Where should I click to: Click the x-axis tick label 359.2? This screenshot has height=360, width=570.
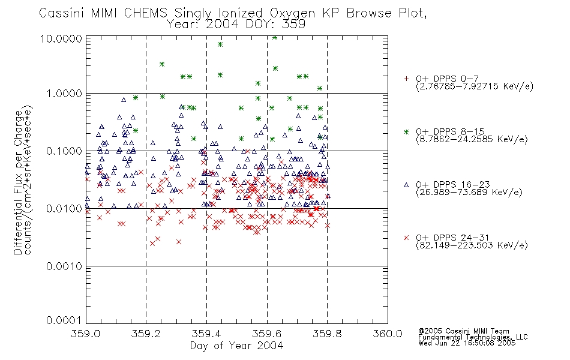(x=146, y=334)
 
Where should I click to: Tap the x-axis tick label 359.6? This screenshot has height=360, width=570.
(x=267, y=334)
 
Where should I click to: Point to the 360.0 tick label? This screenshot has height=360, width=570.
(x=388, y=334)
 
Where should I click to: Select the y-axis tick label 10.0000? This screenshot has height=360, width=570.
(x=61, y=38)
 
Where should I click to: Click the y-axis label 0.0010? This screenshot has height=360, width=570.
(x=64, y=266)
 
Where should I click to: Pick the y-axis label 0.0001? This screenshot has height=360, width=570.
(x=64, y=320)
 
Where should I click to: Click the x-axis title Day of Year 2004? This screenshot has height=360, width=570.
(x=236, y=346)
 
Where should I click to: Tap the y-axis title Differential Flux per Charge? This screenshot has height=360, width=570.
(x=18, y=182)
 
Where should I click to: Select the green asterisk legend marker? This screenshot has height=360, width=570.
(x=406, y=132)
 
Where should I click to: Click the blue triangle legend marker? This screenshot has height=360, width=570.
(x=406, y=185)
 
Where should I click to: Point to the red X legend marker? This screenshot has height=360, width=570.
(x=406, y=238)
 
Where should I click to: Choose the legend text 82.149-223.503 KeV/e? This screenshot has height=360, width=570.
(x=472, y=245)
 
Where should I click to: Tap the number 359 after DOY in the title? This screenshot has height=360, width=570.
(x=295, y=25)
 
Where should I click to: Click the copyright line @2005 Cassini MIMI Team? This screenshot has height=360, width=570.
(x=464, y=331)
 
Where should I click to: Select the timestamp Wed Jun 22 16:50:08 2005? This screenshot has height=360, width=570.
(x=467, y=343)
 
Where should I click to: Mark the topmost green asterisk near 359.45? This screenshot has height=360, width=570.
(x=220, y=44)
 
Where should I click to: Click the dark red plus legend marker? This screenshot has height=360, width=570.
(x=406, y=79)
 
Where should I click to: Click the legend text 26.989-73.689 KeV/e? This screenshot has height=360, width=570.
(x=469, y=193)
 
